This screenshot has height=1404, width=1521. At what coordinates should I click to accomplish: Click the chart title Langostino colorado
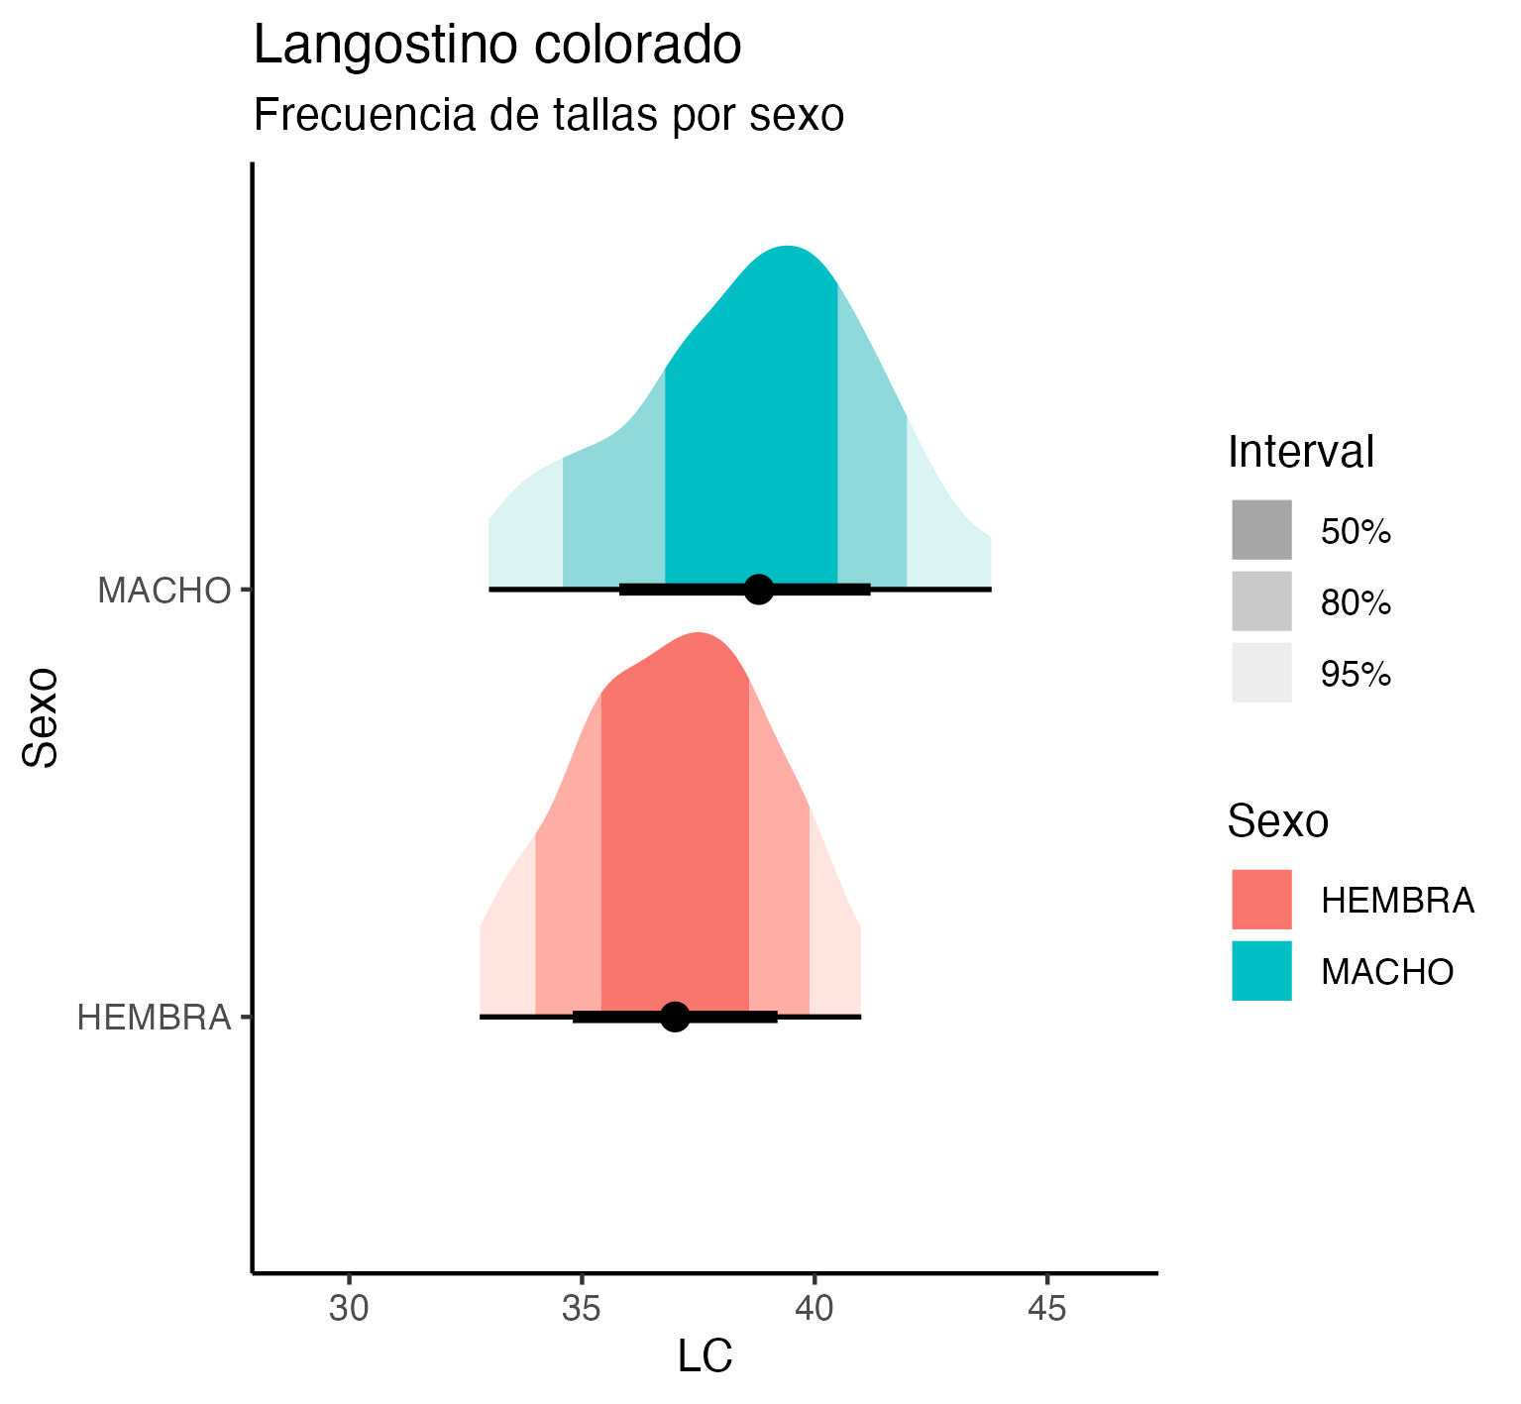tap(497, 46)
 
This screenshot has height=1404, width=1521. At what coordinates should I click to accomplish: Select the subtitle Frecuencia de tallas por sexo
tap(548, 115)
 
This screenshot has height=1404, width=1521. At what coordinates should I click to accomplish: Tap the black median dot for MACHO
tap(759, 589)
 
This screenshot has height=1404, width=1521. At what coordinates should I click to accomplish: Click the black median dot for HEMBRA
tap(675, 1017)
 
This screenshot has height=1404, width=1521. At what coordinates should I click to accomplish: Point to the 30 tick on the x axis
tap(349, 1309)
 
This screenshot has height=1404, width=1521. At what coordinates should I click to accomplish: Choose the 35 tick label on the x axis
tap(582, 1309)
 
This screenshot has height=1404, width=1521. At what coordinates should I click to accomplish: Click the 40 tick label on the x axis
tap(815, 1309)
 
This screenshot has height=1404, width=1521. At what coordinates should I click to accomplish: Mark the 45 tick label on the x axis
tap(1046, 1309)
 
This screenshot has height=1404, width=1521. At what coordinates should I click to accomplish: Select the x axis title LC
tap(705, 1356)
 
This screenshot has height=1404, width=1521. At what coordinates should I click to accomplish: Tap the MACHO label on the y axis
tap(163, 591)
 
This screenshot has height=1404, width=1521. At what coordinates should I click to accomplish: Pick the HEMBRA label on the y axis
tap(154, 1018)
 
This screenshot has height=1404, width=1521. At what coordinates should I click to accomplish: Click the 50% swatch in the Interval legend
tap(1261, 530)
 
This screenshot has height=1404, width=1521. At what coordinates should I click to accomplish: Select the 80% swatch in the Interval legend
tap(1261, 601)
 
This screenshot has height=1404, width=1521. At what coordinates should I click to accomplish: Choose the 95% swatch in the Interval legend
tap(1261, 673)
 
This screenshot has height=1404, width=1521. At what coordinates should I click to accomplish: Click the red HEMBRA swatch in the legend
tap(1261, 900)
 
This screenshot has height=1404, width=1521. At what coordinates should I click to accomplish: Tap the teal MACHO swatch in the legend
tap(1261, 971)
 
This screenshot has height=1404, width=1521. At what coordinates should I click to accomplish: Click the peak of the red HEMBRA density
tap(699, 634)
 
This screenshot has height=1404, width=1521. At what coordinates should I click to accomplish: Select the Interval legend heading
tap(1300, 452)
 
